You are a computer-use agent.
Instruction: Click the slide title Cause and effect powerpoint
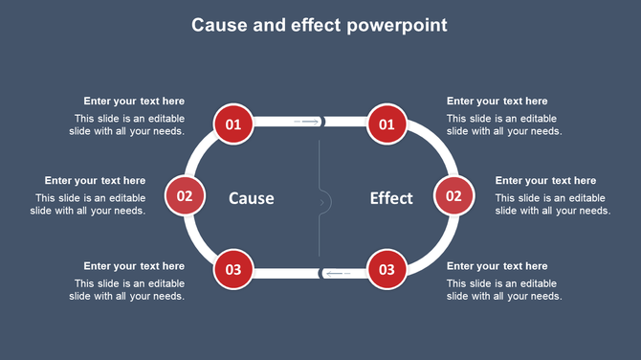(320, 25)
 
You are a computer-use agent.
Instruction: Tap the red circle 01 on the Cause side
(233, 124)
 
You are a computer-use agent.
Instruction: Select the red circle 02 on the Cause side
(185, 196)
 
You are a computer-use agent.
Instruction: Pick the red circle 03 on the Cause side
(233, 269)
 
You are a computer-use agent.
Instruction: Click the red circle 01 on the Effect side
(387, 124)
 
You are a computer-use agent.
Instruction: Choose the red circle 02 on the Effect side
(453, 196)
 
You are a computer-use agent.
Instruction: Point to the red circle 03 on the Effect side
(387, 269)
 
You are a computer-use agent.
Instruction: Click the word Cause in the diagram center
(252, 198)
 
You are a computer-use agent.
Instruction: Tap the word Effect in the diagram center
(391, 198)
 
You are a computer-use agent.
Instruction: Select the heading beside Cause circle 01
(134, 101)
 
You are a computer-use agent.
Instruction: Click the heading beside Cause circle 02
(95, 181)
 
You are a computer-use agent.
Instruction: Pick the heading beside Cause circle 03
(134, 266)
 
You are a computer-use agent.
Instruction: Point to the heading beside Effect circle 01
(497, 101)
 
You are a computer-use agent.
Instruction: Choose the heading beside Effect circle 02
(545, 181)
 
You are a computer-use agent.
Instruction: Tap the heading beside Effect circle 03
(497, 266)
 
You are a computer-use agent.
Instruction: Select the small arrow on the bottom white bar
(337, 274)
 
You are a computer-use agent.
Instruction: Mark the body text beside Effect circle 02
(552, 205)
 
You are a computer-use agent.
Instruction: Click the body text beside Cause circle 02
(91, 205)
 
